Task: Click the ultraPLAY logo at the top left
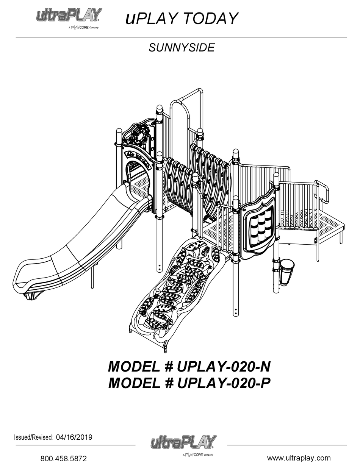pyautogui.click(x=69, y=18)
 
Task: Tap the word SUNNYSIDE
pyautogui.click(x=182, y=48)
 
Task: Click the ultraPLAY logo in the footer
pyautogui.click(x=183, y=445)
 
